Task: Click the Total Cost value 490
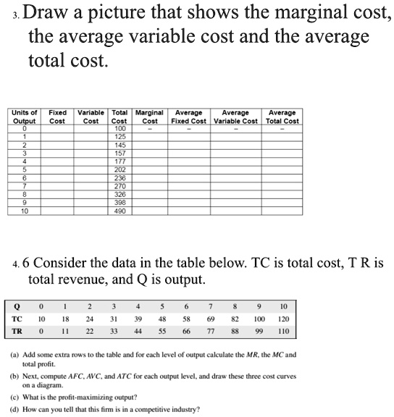[120, 211]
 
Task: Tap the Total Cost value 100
[120, 129]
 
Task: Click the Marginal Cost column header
[150, 117]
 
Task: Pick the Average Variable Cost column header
[235, 117]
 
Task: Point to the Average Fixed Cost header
[189, 117]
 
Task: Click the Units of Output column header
[25, 117]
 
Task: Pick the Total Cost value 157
[120, 153]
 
